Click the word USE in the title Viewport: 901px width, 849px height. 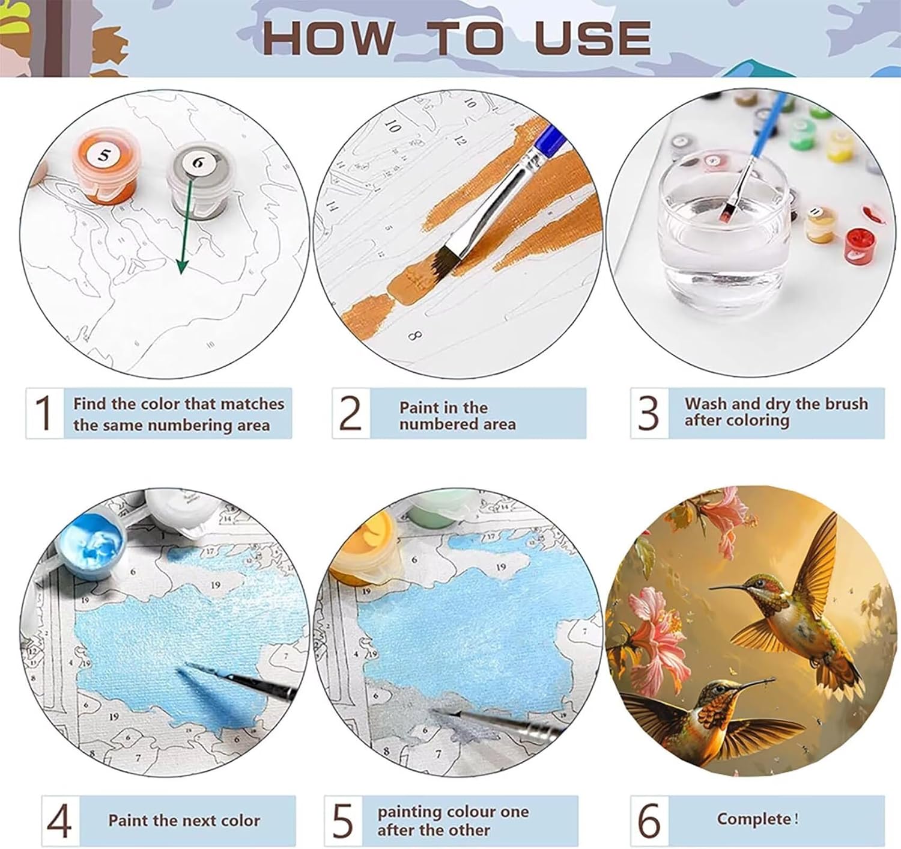pos(592,38)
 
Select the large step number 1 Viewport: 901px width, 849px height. pos(44,412)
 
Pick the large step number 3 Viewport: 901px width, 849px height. pos(649,412)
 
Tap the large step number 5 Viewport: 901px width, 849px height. pos(343,820)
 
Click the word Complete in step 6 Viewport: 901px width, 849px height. pos(754,818)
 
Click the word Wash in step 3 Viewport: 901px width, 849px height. pos(705,403)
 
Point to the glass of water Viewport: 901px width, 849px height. pos(724,231)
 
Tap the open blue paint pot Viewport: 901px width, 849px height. pos(91,544)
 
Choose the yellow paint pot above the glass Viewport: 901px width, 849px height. pos(840,146)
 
